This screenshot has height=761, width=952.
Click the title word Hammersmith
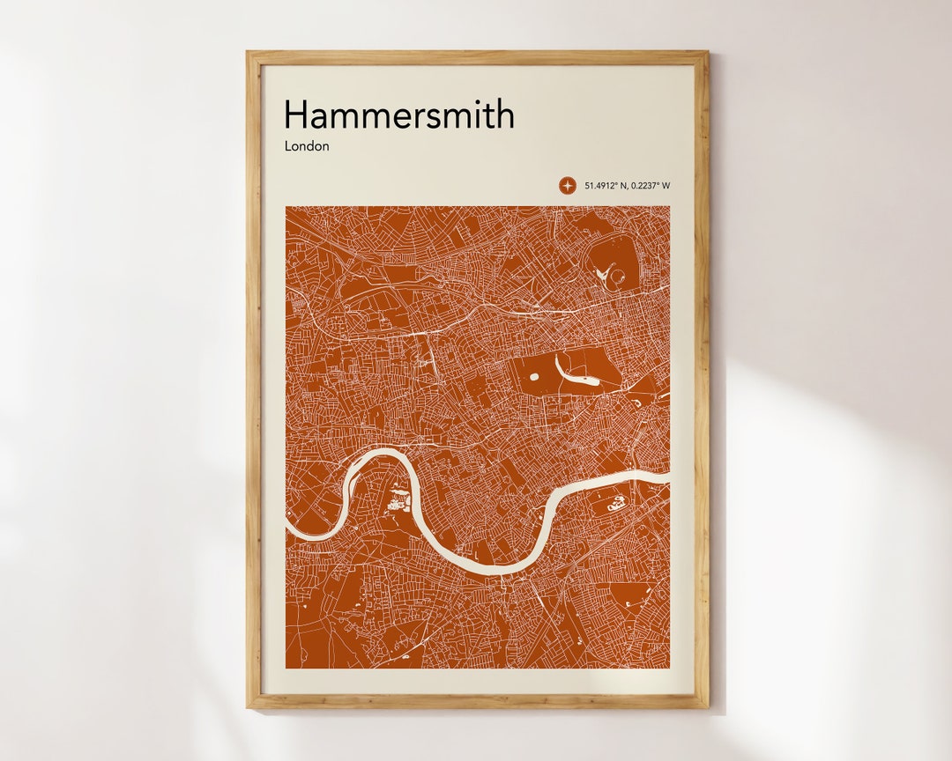(x=398, y=115)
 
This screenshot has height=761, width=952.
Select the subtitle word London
(x=306, y=146)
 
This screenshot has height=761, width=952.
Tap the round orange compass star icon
(x=567, y=185)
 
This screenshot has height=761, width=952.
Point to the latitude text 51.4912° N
(x=603, y=185)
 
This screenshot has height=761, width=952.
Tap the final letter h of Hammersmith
(x=504, y=115)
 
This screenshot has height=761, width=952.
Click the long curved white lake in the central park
(x=578, y=373)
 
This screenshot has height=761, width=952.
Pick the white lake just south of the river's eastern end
(x=614, y=505)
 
